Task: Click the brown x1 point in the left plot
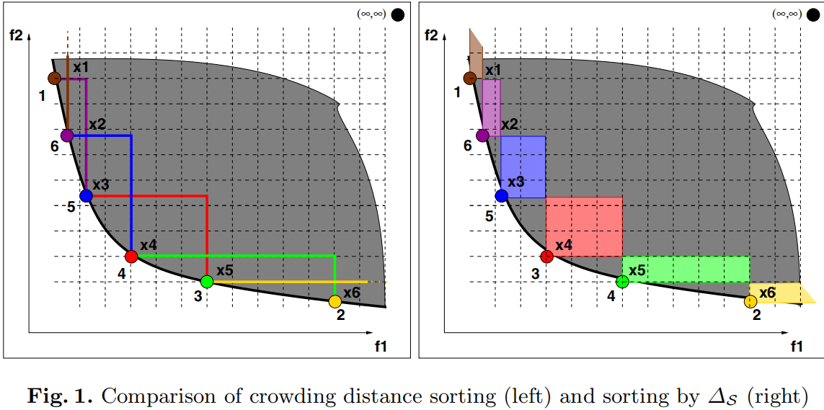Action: coord(55,78)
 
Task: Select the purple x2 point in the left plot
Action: coord(67,135)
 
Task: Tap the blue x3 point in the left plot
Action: coord(87,195)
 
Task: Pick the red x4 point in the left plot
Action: coord(131,257)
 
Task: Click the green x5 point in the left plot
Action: coord(207,282)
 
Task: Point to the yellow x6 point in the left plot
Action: coord(335,301)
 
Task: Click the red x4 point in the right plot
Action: coord(546,256)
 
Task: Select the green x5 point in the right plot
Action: coord(623,282)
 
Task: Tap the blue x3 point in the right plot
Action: coord(502,195)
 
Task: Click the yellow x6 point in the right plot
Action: coord(750,301)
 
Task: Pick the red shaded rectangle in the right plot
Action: coord(584,226)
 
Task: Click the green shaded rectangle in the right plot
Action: coord(686,269)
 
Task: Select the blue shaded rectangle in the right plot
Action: coord(523,166)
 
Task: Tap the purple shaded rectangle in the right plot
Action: coord(491,107)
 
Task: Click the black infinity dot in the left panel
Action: coord(397,14)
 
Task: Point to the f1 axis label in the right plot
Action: coord(797,347)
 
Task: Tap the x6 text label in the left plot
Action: coord(352,293)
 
